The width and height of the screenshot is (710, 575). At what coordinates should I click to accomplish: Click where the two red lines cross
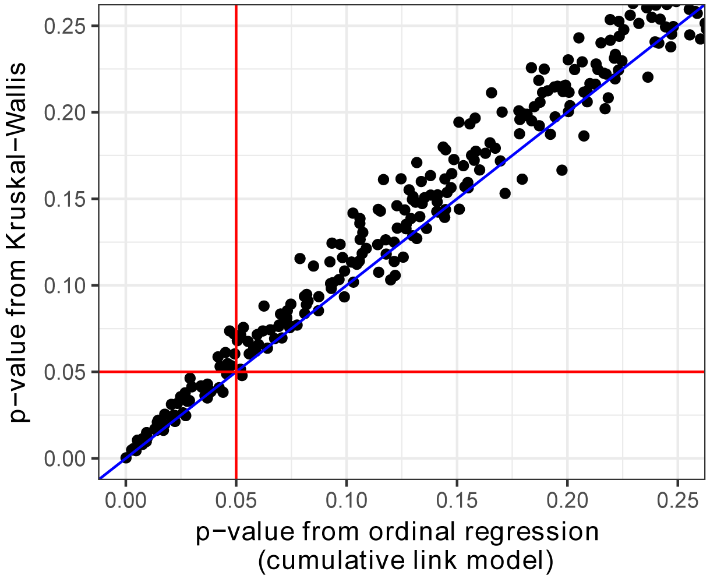(x=236, y=372)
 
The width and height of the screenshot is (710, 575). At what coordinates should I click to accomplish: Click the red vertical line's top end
(x=236, y=6)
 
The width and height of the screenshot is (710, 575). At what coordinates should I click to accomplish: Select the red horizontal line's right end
(x=704, y=372)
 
